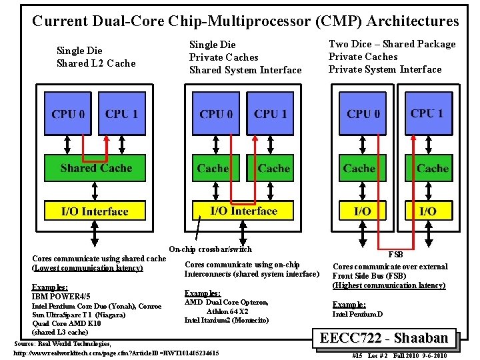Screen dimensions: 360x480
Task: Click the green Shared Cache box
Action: pos(95,168)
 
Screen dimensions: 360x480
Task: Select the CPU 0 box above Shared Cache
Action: pos(67,114)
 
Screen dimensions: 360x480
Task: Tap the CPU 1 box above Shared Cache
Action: pos(121,114)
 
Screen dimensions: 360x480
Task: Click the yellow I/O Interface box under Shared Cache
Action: pos(95,211)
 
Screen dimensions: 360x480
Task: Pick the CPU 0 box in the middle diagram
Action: pos(215,114)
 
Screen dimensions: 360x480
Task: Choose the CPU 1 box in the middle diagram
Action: pos(270,114)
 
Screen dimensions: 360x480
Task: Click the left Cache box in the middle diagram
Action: pos(213,168)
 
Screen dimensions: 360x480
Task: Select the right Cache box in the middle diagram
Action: pos(273,168)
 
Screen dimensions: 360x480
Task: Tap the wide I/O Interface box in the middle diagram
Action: pos(243,211)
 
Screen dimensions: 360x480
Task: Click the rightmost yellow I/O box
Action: pos(428,211)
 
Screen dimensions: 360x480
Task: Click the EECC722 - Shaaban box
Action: pos(388,339)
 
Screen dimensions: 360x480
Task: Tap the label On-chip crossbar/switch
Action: pos(211,249)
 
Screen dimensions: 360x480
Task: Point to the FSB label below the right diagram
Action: pos(395,255)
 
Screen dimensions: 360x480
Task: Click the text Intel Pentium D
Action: pos(358,314)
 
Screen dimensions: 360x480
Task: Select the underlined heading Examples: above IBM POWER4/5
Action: pos(49,287)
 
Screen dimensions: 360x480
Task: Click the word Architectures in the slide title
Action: pos(413,21)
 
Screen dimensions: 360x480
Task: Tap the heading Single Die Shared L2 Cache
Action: pos(96,57)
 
